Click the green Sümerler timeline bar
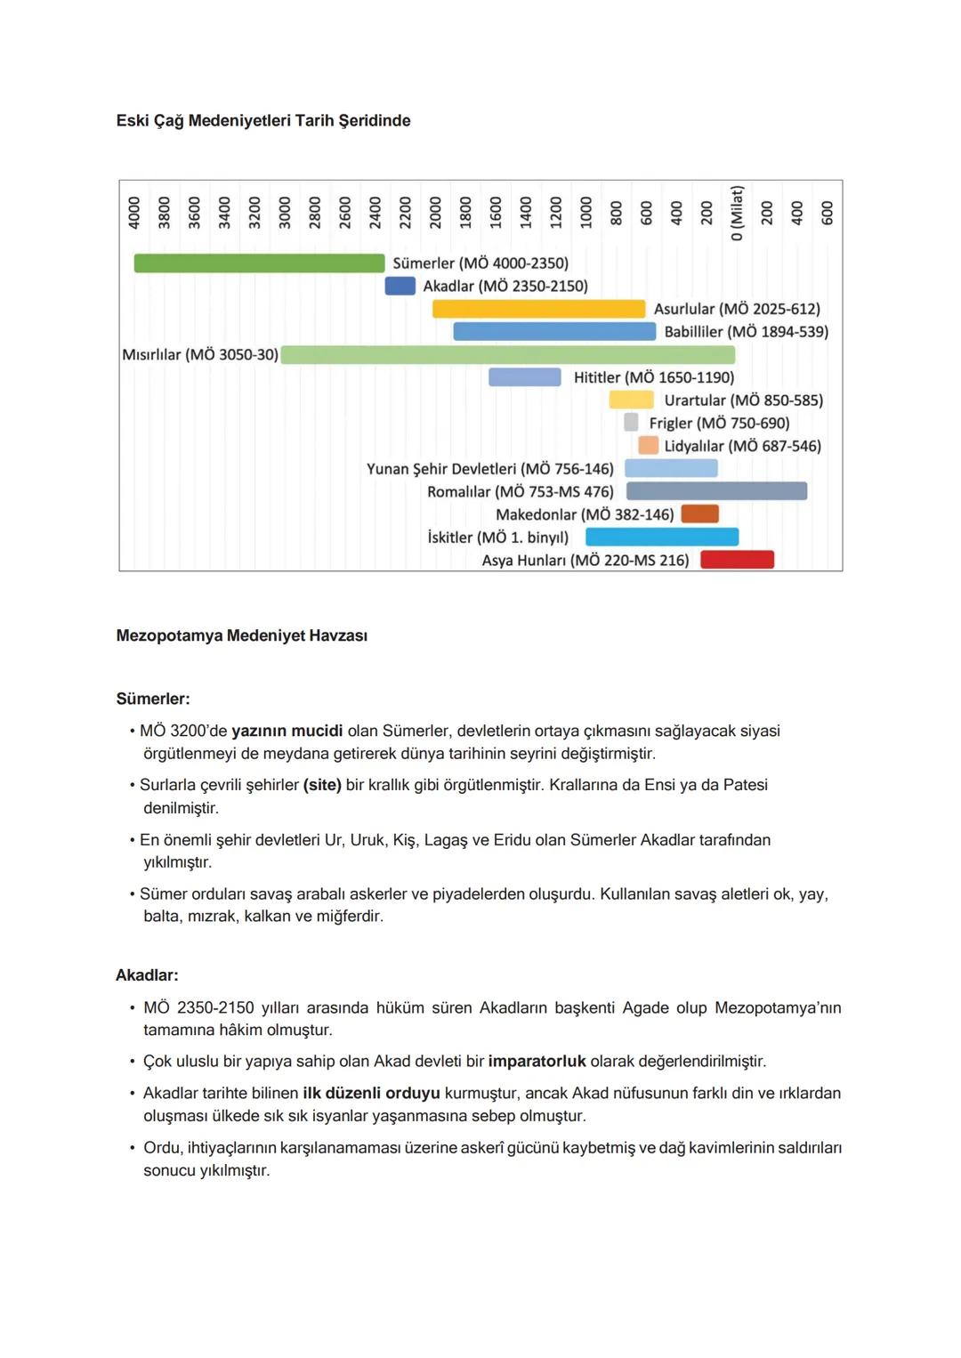point(259,263)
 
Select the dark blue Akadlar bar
point(400,286)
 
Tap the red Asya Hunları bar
point(737,560)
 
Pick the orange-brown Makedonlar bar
point(699,514)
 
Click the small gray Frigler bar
point(631,423)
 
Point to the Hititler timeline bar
point(524,377)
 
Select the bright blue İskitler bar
point(662,537)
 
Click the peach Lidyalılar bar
point(648,446)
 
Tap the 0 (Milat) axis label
point(737,214)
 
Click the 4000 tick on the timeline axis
point(134,214)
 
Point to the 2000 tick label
point(435,214)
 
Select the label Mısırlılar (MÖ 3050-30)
point(200,355)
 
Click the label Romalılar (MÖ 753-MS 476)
point(521,492)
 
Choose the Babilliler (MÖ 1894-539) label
point(746,332)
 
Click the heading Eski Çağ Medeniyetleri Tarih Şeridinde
point(263,121)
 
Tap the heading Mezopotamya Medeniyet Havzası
point(242,636)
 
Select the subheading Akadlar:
point(147,975)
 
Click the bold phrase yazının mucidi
point(287,732)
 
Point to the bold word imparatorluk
point(537,1062)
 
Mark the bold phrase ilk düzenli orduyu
point(371,1094)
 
